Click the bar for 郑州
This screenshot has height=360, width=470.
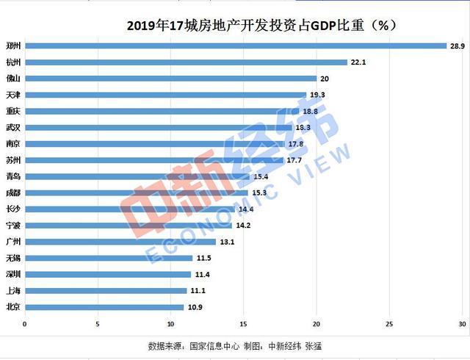[x=235, y=46]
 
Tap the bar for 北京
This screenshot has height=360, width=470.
[x=104, y=306]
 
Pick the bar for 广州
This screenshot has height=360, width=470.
[x=120, y=241]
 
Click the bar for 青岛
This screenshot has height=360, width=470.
[x=137, y=176]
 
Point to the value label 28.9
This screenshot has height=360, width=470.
[x=457, y=46]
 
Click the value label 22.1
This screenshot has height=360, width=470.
[x=358, y=62]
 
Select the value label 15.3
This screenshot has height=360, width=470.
[x=258, y=192]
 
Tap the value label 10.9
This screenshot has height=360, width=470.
[x=195, y=306]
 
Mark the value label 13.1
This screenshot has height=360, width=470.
[x=227, y=241]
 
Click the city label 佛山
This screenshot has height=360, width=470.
[x=12, y=78]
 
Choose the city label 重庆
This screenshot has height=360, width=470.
[x=12, y=111]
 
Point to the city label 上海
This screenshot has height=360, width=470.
[x=12, y=290]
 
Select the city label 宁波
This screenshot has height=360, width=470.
[x=12, y=225]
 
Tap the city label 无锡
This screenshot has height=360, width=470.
[x=12, y=258]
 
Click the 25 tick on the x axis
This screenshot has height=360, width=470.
[x=389, y=324]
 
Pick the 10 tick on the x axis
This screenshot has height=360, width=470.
[x=170, y=324]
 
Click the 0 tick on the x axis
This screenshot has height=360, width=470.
[x=24, y=324]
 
